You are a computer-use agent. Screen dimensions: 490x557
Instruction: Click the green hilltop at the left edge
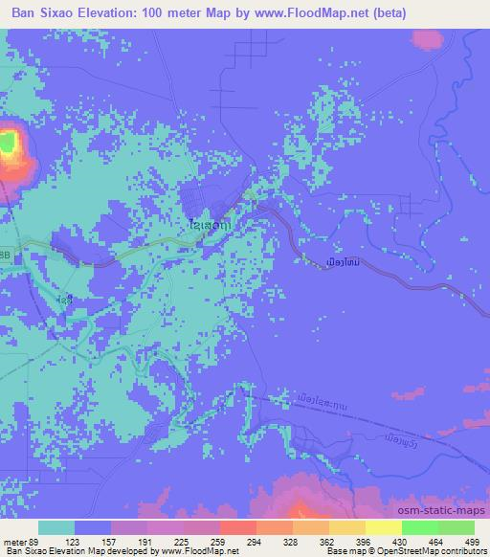pos(9,145)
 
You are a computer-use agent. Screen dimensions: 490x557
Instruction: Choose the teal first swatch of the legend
pos(56,527)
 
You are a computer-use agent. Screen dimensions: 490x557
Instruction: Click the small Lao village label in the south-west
pos(64,300)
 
